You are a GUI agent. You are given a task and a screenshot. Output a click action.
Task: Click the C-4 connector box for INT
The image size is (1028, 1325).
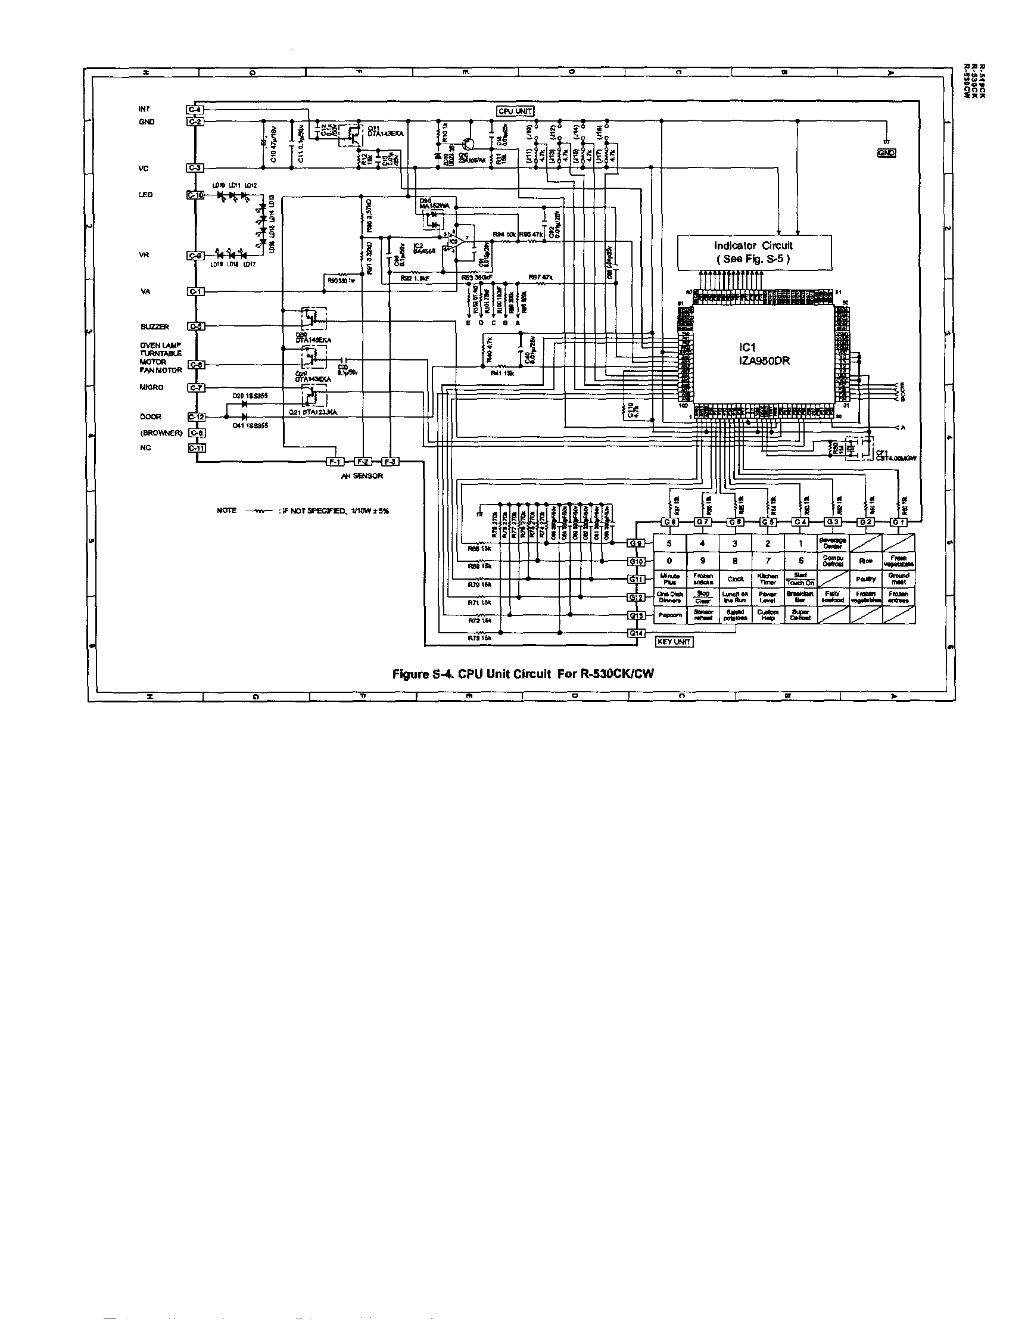click(x=195, y=110)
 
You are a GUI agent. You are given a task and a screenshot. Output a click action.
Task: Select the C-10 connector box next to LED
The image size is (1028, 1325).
click(x=196, y=195)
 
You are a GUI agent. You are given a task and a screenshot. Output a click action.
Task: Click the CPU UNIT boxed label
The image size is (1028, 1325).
click(x=515, y=111)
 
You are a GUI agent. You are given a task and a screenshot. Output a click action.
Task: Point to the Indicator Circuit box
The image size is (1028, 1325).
click(x=753, y=253)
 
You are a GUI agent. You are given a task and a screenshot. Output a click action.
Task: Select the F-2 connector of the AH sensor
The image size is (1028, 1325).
click(x=362, y=462)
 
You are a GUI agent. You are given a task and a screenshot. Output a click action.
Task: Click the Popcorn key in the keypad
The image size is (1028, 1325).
click(x=669, y=615)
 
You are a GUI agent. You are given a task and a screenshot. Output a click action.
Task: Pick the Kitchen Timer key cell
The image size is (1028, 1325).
click(x=767, y=578)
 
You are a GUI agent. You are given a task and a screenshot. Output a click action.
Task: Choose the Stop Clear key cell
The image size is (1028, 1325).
click(x=702, y=597)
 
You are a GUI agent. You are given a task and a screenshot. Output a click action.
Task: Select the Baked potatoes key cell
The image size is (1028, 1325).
click(x=735, y=615)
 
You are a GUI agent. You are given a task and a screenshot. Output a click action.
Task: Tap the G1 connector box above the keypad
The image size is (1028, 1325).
click(x=899, y=522)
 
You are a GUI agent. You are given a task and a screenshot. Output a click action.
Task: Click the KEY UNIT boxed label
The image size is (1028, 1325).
click(x=673, y=642)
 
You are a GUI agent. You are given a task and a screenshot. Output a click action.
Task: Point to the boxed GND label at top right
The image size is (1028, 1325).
click(x=886, y=153)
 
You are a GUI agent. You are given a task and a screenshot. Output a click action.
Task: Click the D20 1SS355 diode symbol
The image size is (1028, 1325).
click(x=244, y=403)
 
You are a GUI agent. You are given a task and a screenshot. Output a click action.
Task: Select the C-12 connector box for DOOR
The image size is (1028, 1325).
click(x=196, y=417)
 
